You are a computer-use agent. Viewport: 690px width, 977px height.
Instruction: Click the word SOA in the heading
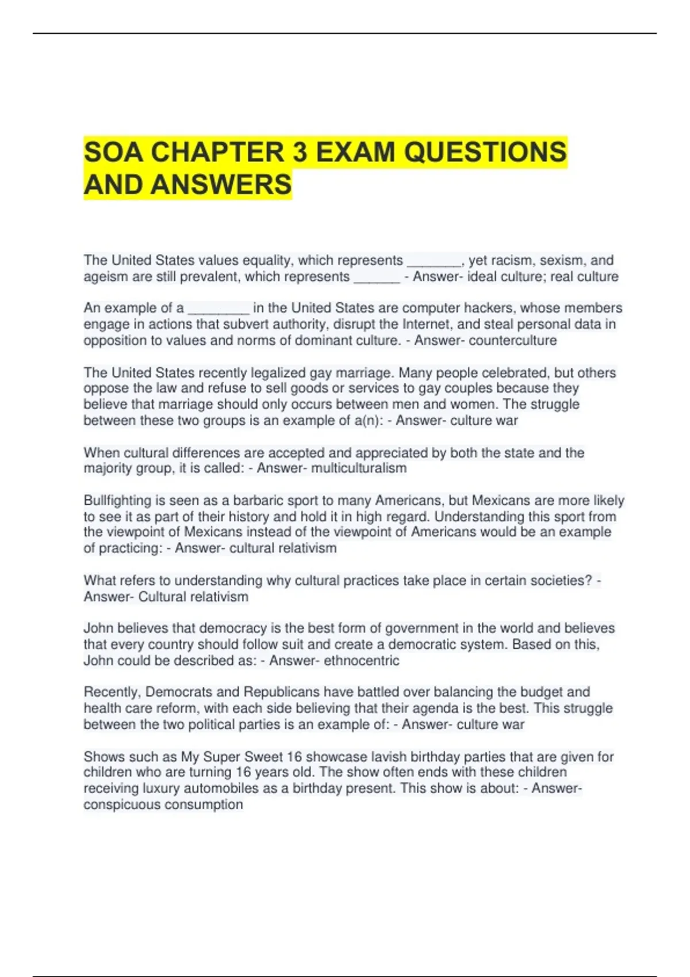coord(113,152)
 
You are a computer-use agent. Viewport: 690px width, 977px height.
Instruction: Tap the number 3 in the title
coord(299,152)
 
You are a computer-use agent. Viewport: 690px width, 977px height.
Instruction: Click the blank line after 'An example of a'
coord(218,309)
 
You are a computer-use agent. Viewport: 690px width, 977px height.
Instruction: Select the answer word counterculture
coord(512,340)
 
